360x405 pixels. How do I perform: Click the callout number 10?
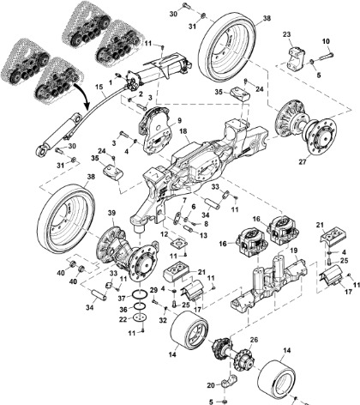click(x=326, y=40)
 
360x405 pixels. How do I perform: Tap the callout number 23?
click(x=288, y=34)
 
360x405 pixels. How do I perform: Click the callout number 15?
click(x=98, y=88)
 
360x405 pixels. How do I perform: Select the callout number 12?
click(x=165, y=235)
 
